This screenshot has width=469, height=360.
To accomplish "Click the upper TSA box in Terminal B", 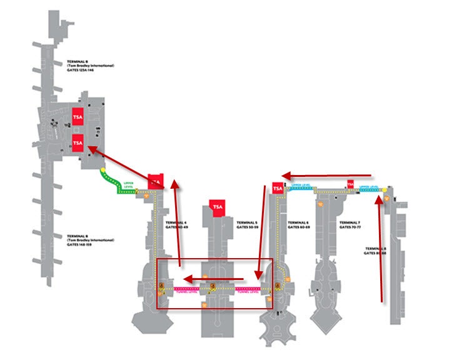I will (78, 117).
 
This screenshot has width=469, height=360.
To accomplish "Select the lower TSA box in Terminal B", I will (78, 143).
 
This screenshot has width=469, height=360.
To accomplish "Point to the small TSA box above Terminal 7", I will (350, 185).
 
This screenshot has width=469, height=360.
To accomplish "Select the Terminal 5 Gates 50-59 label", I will (247, 224).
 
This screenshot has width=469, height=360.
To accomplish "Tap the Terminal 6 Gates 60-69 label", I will (298, 224).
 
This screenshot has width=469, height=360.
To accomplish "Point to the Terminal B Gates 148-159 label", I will (90, 241).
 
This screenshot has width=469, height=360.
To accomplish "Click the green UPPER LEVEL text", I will (129, 184).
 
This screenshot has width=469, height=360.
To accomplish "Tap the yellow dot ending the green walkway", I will (103, 169).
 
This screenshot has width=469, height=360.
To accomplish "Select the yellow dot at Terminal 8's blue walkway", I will (379, 200).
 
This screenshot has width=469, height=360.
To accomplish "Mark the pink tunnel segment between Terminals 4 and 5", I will (186, 288).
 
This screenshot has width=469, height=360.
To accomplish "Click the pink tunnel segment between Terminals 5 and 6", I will (248, 288).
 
